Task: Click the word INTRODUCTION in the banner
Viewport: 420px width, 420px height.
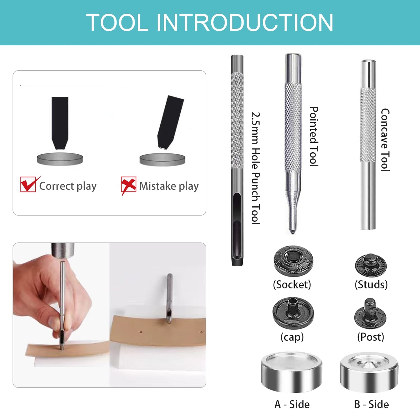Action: pos(245,23)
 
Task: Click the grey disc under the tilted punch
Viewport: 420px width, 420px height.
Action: pos(162,160)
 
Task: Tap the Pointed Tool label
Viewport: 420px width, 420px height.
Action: pos(314,136)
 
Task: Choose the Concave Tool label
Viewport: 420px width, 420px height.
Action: pos(385,140)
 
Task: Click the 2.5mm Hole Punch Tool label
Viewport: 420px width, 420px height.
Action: pos(255,168)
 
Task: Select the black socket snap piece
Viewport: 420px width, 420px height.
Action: pos(293,260)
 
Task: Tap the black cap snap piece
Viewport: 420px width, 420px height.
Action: pos(293,312)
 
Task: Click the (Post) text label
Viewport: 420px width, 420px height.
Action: pos(371,337)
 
